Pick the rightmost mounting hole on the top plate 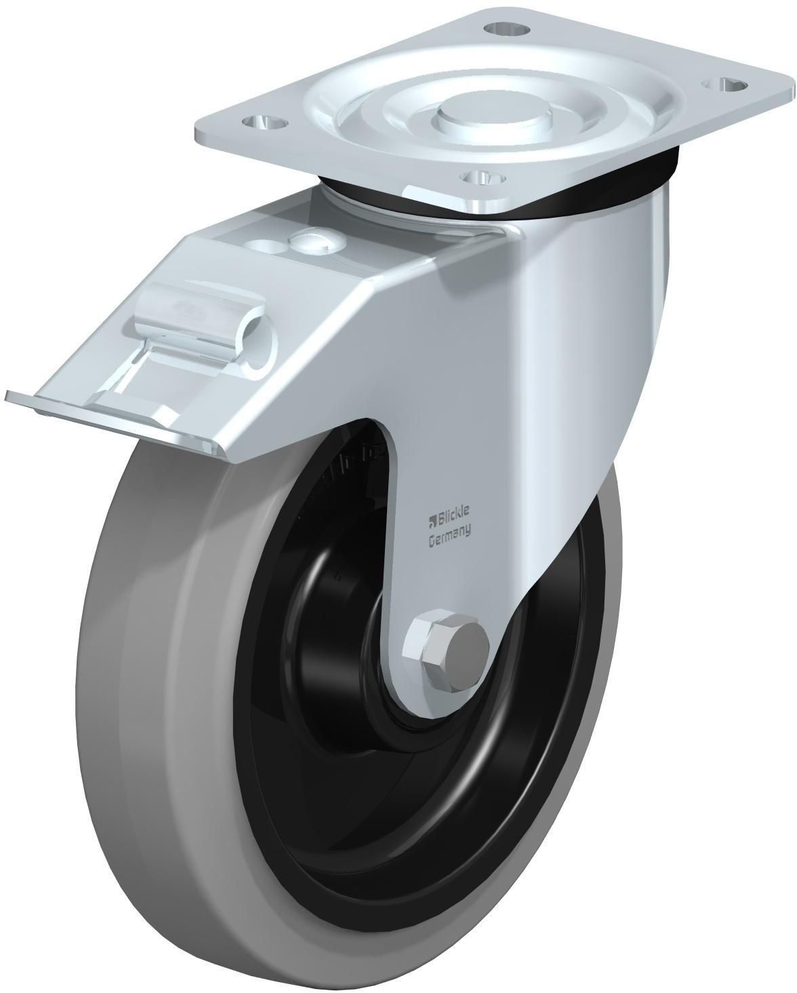(729, 85)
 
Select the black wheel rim (285, 780)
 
